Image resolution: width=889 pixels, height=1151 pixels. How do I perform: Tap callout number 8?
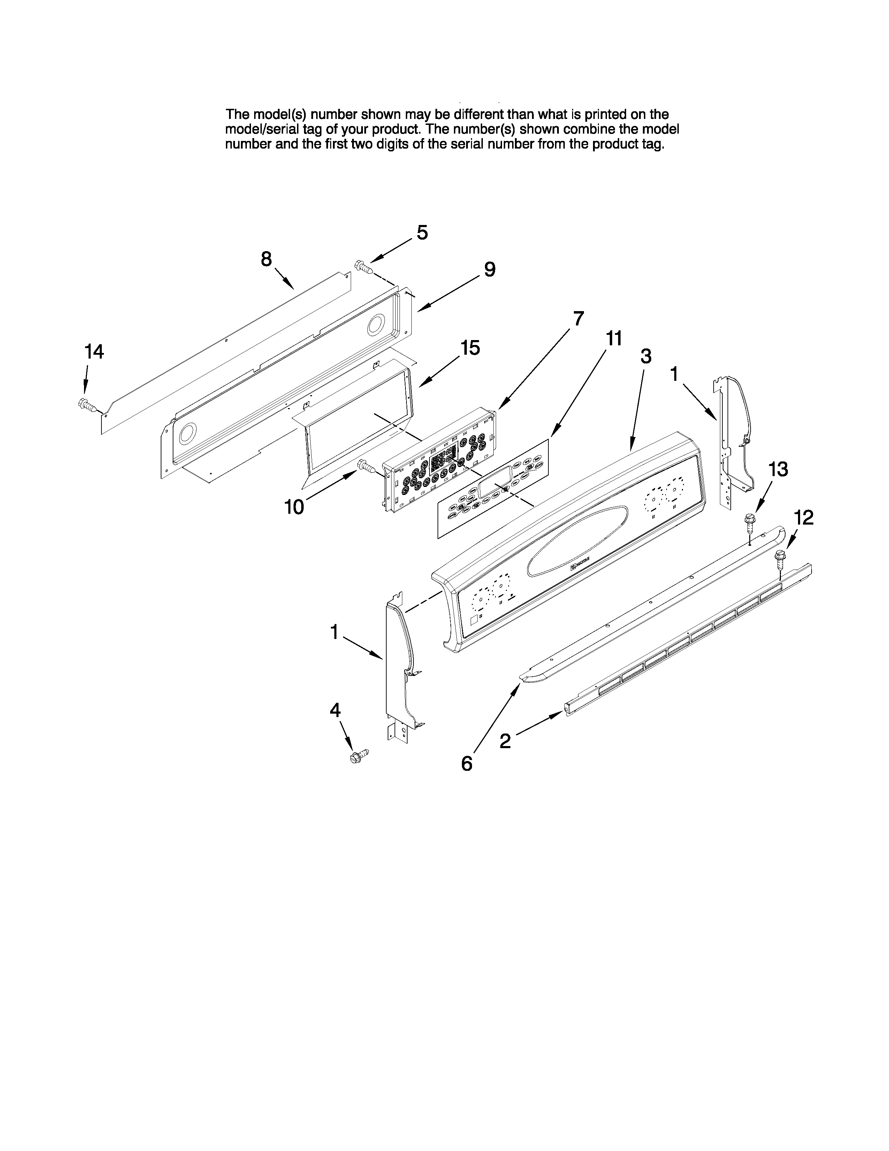pyautogui.click(x=266, y=259)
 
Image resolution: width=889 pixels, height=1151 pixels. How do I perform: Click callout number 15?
pyautogui.click(x=470, y=348)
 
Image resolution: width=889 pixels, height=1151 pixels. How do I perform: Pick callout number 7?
pyautogui.click(x=578, y=318)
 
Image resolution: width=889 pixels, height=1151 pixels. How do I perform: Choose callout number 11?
pyautogui.click(x=614, y=338)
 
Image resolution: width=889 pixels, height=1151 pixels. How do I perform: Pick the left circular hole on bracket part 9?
pyautogui.click(x=187, y=434)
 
